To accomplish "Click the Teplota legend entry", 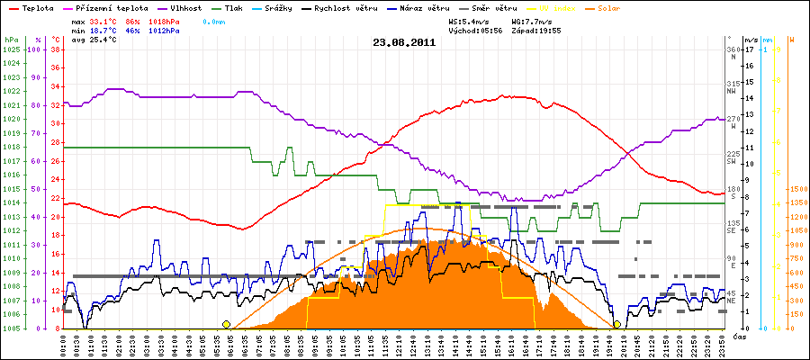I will [x=34, y=7].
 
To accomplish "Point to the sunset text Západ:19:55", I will [x=537, y=30].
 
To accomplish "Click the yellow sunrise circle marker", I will [x=226, y=324].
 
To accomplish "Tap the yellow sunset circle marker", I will [x=616, y=324].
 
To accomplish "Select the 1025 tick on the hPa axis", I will [x=11, y=49].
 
